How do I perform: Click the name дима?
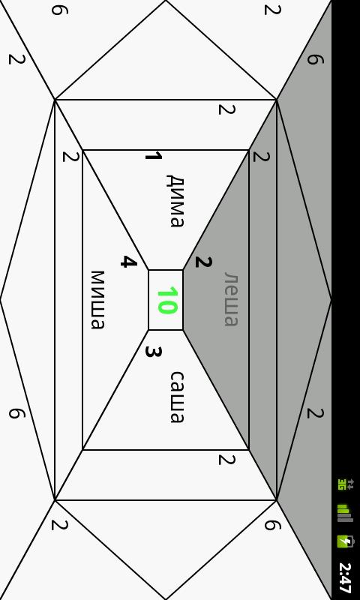[175, 201]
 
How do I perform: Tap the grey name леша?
[231, 299]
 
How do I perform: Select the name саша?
[177, 397]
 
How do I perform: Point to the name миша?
[97, 300]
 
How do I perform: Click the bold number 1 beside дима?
[154, 156]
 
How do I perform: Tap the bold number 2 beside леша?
[203, 262]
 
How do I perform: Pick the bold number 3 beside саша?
[154, 352]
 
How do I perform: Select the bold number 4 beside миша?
[128, 262]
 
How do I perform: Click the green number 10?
[167, 301]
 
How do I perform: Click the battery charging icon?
[346, 541]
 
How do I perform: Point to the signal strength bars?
[345, 514]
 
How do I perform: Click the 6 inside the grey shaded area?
[315, 59]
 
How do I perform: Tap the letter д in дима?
[175, 181]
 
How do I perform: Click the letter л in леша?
[231, 277]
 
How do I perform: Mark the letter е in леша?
[231, 291]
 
